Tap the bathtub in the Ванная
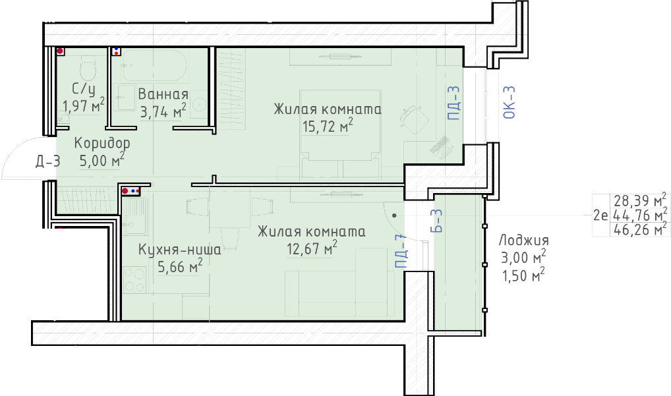pos(154,65)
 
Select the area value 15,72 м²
pos(328,126)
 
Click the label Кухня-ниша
pos(180,249)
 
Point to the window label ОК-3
pos(510,102)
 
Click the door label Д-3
pos(48,161)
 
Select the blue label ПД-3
pos(453,103)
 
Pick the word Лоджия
pos(524,240)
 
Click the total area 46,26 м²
pos(640,230)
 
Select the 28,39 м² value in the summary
pos(640,200)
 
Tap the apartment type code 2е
pos(600,215)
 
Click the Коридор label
pos(102,143)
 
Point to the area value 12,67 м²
pos(312,248)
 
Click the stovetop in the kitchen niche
pos(135,279)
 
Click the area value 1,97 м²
pos(84,105)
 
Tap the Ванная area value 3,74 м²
pos(163,111)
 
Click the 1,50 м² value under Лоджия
pos(523,275)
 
